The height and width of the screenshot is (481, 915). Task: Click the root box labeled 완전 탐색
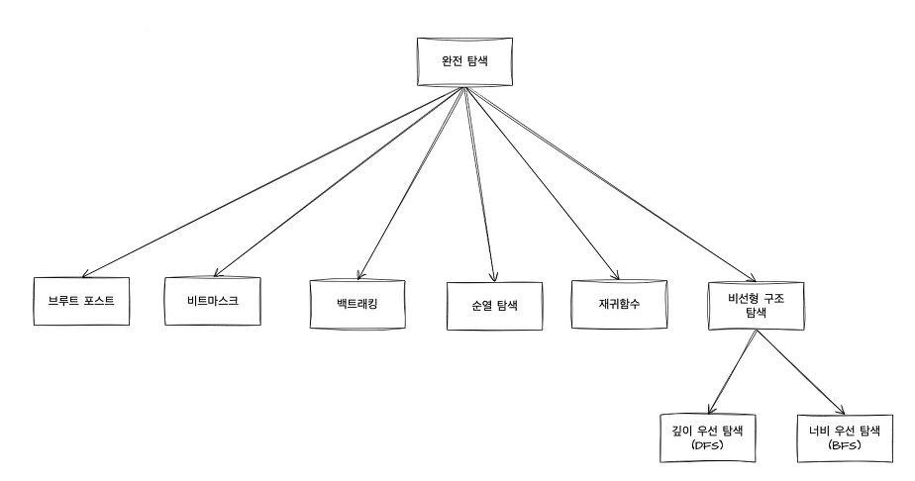coord(462,60)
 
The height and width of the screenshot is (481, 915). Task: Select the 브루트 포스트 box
coord(81,300)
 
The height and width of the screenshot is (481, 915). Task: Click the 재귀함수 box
coord(619,302)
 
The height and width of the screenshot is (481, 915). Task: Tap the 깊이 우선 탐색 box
coord(705,436)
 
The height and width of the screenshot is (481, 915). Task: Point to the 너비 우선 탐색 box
coord(844,436)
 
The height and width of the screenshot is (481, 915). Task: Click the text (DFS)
coord(705,445)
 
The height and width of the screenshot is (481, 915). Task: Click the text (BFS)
coord(844,445)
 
